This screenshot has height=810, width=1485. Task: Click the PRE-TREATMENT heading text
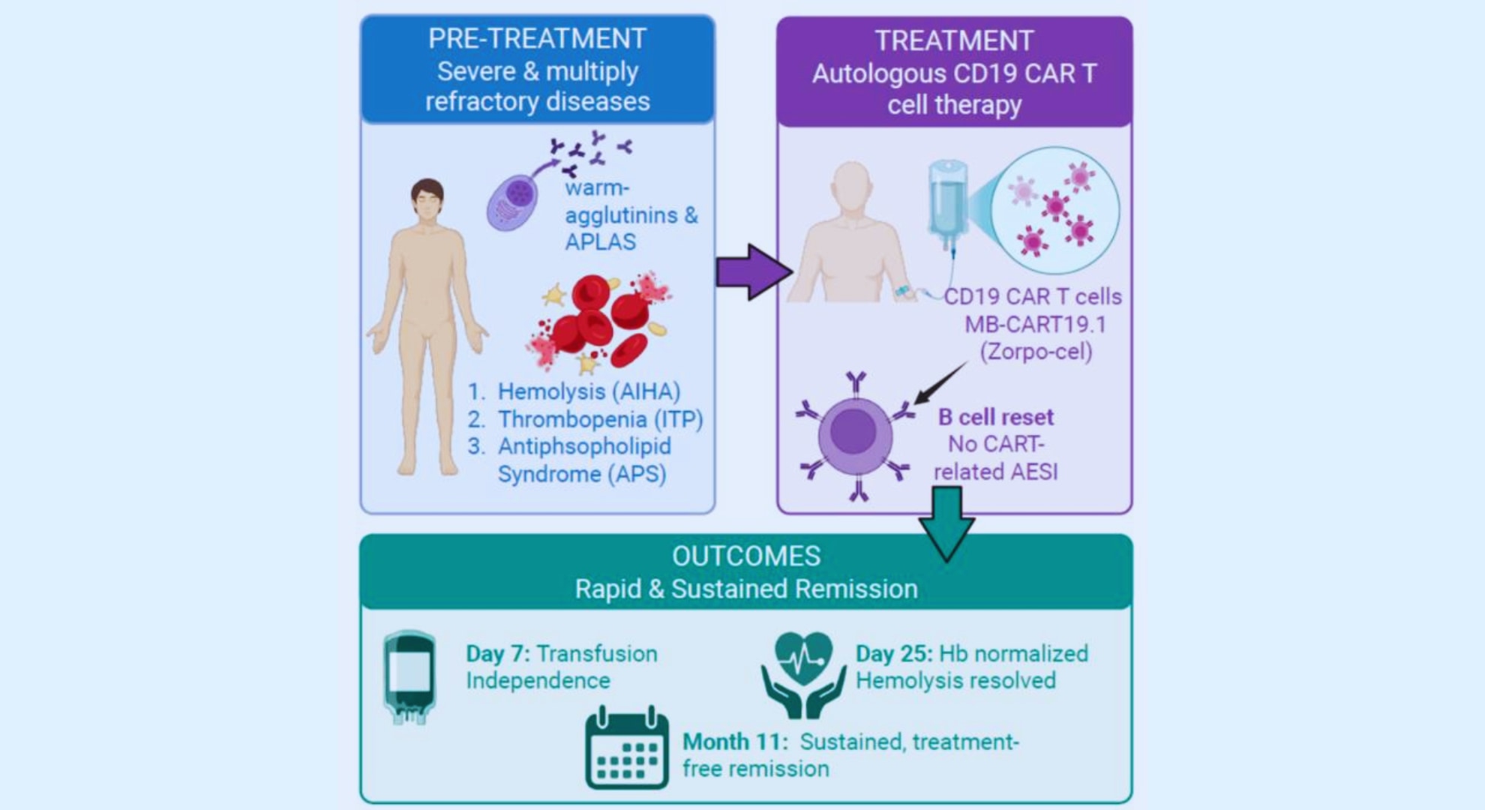(x=537, y=39)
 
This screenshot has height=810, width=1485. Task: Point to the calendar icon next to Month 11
(x=627, y=749)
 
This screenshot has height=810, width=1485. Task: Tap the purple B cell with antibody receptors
(x=855, y=435)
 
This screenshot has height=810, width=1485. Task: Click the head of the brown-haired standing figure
(x=427, y=201)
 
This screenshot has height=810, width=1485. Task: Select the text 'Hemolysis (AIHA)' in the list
(x=589, y=391)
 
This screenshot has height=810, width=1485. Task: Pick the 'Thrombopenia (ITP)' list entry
(x=600, y=419)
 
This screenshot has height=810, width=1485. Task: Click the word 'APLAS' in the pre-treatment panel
(x=600, y=242)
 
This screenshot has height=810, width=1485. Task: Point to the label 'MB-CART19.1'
(x=1035, y=324)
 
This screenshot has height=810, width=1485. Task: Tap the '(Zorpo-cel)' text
(x=1036, y=351)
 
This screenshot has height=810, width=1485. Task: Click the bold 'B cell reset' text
(x=995, y=417)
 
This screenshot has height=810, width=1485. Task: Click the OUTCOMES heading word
(x=746, y=556)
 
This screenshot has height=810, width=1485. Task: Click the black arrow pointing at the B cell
(x=940, y=382)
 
